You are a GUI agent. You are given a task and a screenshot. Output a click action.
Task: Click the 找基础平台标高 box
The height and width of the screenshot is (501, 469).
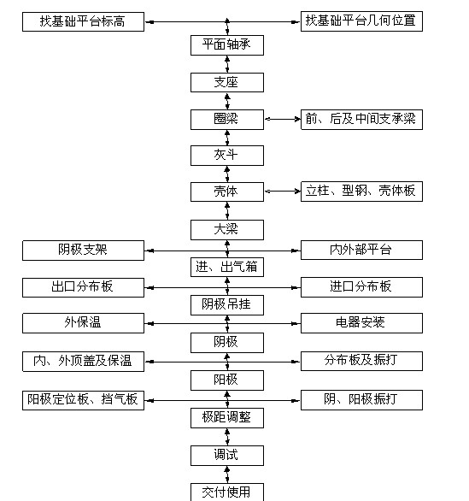click(x=83, y=21)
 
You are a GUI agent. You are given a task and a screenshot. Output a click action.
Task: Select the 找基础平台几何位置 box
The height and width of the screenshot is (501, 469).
click(x=361, y=21)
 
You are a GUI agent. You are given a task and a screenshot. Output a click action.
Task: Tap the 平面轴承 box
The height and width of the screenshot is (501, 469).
click(x=227, y=45)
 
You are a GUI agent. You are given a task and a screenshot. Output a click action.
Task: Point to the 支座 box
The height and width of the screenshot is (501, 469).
click(x=227, y=82)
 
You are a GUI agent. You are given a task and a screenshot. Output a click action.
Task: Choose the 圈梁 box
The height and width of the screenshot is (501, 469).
click(x=227, y=120)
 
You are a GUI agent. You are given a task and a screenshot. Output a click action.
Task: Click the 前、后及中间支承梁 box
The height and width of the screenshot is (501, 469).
click(x=361, y=120)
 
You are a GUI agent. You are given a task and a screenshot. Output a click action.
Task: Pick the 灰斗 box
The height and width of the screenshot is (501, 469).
click(x=227, y=156)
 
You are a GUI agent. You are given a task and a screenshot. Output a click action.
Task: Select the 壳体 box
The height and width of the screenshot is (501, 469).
click(x=227, y=192)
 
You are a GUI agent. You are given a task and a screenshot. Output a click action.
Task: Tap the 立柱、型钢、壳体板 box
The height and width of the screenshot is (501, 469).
click(x=361, y=192)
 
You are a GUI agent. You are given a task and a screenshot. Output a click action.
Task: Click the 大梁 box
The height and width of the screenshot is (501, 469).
click(x=227, y=230)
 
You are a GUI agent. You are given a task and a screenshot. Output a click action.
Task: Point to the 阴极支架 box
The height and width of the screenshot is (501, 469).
click(x=83, y=250)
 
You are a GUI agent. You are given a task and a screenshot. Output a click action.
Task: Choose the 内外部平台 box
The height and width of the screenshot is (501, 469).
click(x=361, y=250)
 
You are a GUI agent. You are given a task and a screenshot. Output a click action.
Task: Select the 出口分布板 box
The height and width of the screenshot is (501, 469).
click(x=83, y=287)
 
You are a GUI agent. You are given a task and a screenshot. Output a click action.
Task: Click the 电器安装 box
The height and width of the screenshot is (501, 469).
click(x=361, y=323)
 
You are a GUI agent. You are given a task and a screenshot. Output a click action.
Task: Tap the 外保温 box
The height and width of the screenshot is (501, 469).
click(x=83, y=323)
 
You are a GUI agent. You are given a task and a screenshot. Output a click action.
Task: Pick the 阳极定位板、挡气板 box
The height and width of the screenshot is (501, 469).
click(x=83, y=400)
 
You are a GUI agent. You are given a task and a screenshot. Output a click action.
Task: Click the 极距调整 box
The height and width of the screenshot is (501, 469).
click(x=227, y=418)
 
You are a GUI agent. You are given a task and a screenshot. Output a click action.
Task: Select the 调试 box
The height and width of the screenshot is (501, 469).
click(x=227, y=456)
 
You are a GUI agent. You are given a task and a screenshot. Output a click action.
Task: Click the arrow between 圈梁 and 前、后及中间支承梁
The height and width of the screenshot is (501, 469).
click(x=283, y=119)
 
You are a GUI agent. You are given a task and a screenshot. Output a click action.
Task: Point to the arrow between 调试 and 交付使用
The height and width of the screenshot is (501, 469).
click(x=227, y=474)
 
